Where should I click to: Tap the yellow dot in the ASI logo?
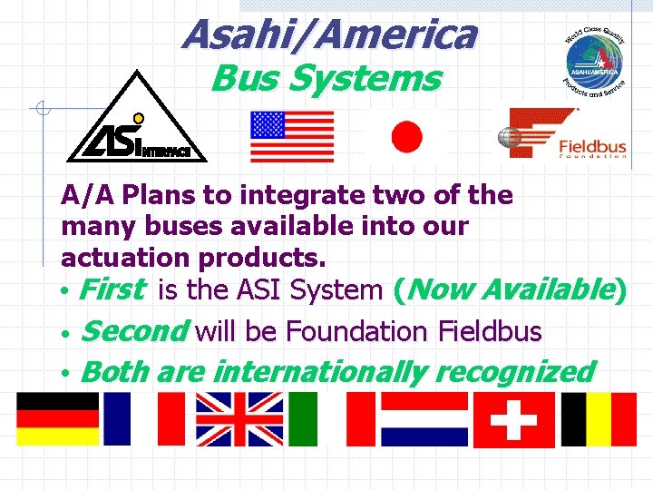139,118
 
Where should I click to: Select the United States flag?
292,136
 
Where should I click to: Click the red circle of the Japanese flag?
406,137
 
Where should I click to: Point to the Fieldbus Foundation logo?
562,133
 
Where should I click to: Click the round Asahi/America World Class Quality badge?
594,59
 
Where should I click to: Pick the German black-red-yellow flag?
57,417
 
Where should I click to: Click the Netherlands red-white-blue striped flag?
423,417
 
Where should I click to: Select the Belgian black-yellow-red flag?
599,417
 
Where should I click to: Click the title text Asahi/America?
328,34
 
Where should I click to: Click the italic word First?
112,290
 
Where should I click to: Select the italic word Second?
134,331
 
